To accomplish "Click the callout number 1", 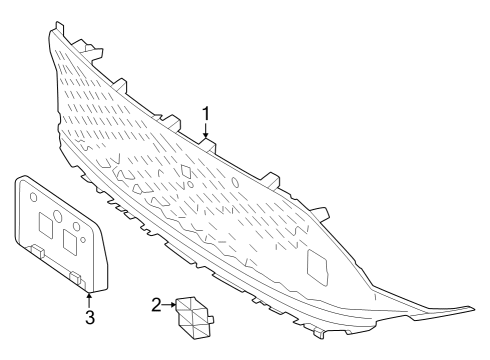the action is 206,113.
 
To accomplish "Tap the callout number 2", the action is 156,304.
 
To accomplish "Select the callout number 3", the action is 89,318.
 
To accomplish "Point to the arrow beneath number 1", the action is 206,132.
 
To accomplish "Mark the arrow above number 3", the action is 89,299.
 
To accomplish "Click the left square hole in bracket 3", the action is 44,225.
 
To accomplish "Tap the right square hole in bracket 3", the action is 72,241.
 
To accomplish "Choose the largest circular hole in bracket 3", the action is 58,216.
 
